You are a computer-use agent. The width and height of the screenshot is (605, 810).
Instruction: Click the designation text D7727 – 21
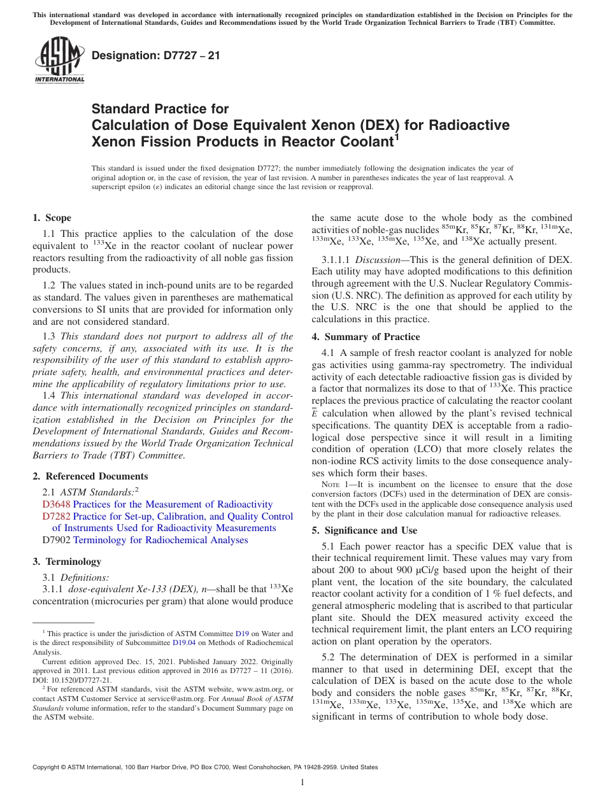coord(156,55)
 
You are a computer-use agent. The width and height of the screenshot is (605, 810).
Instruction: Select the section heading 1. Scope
coord(52,218)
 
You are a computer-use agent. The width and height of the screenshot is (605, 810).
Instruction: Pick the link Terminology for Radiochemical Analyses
coord(160,540)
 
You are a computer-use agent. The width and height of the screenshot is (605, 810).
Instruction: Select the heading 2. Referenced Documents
coord(90,476)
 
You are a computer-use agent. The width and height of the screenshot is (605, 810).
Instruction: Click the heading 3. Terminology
coord(67,562)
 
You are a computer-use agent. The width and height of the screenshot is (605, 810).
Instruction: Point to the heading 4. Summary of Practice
coord(366,337)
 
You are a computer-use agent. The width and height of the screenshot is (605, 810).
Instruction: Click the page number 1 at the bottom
coord(302,783)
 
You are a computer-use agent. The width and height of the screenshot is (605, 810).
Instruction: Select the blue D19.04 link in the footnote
coord(182,643)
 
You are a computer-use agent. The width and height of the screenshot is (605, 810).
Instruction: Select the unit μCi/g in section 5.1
coord(389,569)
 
